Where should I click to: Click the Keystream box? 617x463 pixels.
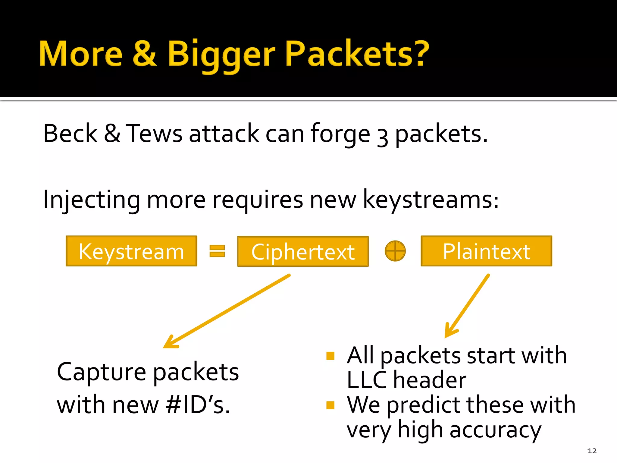click(x=131, y=251)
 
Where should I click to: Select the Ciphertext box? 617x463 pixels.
click(x=303, y=251)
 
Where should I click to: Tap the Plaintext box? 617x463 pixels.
click(x=486, y=251)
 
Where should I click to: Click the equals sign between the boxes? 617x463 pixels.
click(x=217, y=251)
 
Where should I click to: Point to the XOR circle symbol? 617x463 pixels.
click(x=395, y=251)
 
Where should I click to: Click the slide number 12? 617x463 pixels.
click(x=592, y=451)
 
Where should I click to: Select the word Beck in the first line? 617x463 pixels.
click(x=70, y=133)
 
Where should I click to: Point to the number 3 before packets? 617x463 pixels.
click(x=382, y=137)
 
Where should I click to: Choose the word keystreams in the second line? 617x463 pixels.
click(x=430, y=200)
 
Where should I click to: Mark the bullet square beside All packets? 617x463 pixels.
click(x=330, y=356)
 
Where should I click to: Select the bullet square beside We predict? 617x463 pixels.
click(x=330, y=405)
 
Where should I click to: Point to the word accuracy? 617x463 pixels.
click(x=495, y=430)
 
